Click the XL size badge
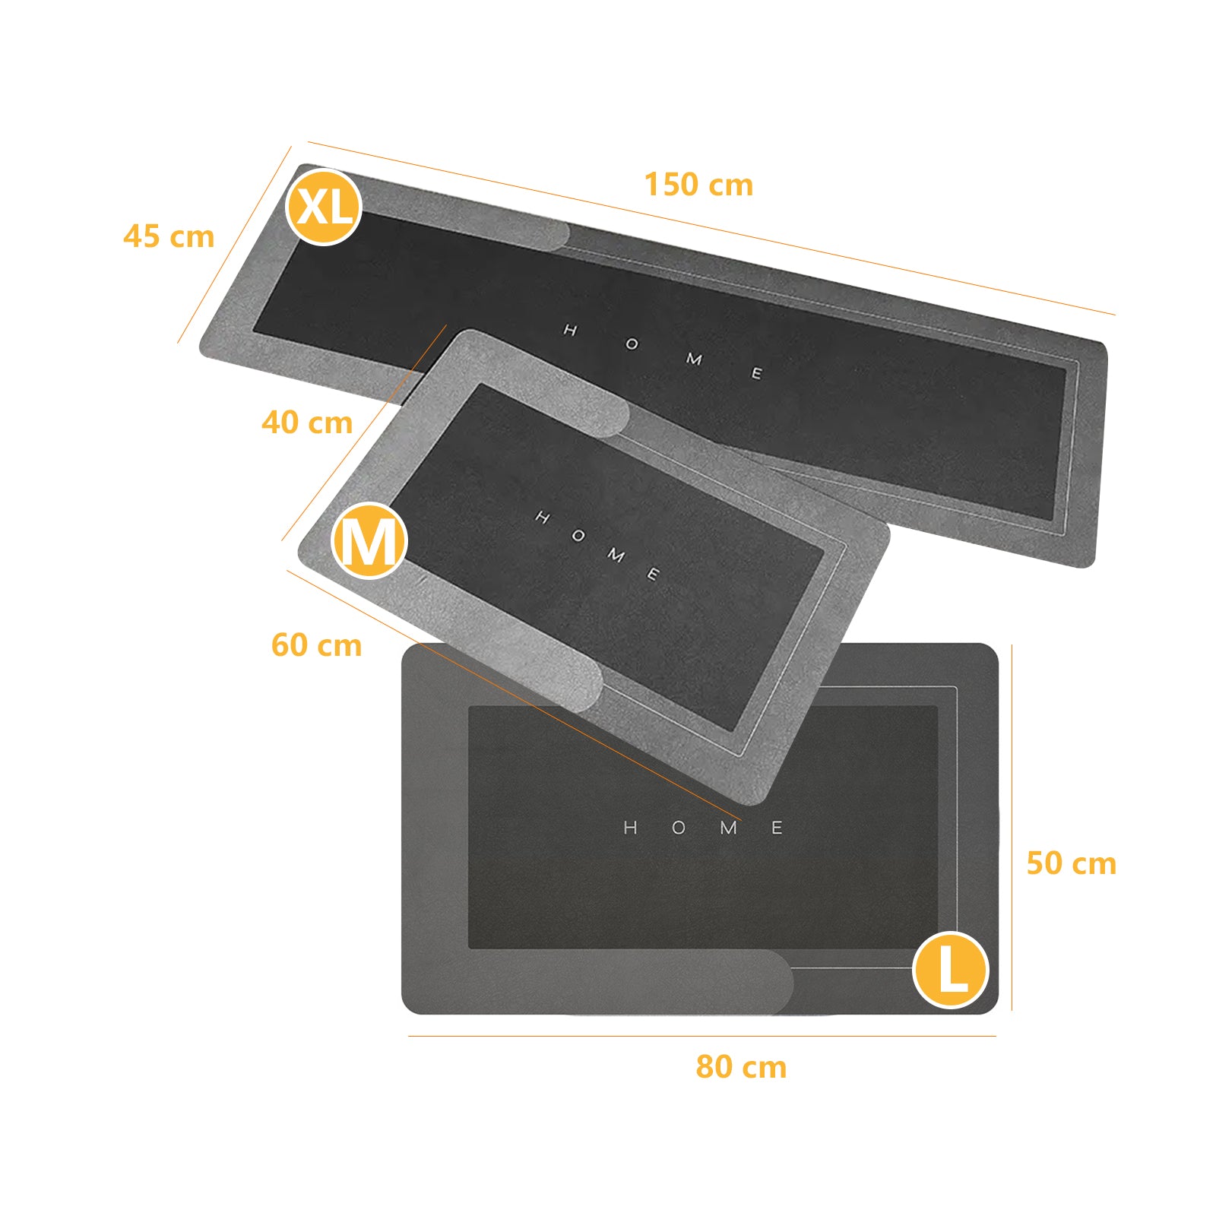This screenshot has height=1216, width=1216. point(323,206)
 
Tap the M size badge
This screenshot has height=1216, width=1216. point(369,540)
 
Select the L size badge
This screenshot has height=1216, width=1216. point(950,970)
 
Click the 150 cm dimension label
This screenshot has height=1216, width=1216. point(698,185)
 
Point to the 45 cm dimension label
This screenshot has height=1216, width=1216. point(169,236)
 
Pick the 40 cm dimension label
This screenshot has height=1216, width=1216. point(307,422)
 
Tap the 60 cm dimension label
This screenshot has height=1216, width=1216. point(316,644)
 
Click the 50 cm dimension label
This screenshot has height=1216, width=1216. point(1071,863)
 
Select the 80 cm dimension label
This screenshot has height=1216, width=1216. point(741,1066)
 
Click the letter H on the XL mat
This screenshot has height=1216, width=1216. point(570,330)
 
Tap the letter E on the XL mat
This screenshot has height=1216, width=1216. point(756,373)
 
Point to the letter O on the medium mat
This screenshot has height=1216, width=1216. point(578,536)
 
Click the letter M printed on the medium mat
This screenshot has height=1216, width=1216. point(616,555)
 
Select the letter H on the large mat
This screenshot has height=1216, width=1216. point(630,828)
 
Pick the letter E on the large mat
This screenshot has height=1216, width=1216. point(777,828)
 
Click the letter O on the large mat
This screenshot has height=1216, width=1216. point(679,828)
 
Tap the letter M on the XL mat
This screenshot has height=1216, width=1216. point(694,359)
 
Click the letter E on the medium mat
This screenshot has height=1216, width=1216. point(653,574)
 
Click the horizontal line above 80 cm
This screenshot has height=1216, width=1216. point(701,1036)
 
